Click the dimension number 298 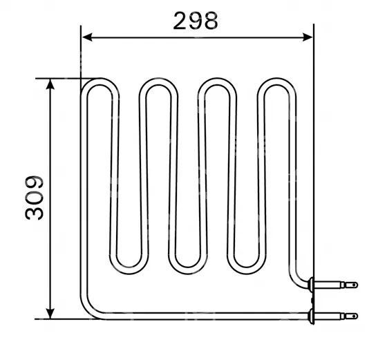pyautogui.click(x=196, y=21)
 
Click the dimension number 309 pyautogui.click(x=35, y=198)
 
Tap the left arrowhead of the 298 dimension pyautogui.click(x=87, y=37)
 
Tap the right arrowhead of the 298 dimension pyautogui.click(x=308, y=37)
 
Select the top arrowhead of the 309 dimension pyautogui.click(x=50, y=84)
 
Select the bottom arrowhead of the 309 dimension pyautogui.click(x=50, y=314)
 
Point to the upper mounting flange pyautogui.click(x=311, y=285)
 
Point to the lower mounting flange pyautogui.click(x=311, y=316)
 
